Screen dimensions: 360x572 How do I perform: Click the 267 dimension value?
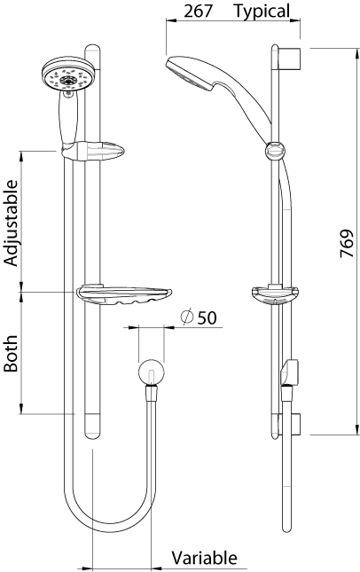(x=198, y=11)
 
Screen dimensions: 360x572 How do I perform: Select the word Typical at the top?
(x=262, y=12)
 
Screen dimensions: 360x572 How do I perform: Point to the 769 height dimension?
(x=347, y=243)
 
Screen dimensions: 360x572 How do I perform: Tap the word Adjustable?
(x=11, y=223)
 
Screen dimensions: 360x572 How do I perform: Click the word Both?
(x=11, y=354)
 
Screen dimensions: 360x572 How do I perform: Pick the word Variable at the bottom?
(x=204, y=558)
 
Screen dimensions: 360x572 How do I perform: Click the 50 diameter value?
(x=207, y=317)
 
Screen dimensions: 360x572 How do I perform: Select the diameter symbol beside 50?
(x=187, y=317)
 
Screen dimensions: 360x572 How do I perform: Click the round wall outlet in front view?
(x=152, y=372)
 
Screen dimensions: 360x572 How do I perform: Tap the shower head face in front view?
(x=68, y=78)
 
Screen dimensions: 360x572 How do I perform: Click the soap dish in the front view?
(x=124, y=294)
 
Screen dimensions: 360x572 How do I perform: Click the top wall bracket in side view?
(x=290, y=59)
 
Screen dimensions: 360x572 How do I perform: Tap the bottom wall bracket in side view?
(x=290, y=425)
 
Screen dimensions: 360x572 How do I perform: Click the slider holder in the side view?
(x=274, y=151)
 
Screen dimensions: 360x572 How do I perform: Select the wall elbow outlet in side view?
(x=289, y=372)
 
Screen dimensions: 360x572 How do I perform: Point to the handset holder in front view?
(x=93, y=151)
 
